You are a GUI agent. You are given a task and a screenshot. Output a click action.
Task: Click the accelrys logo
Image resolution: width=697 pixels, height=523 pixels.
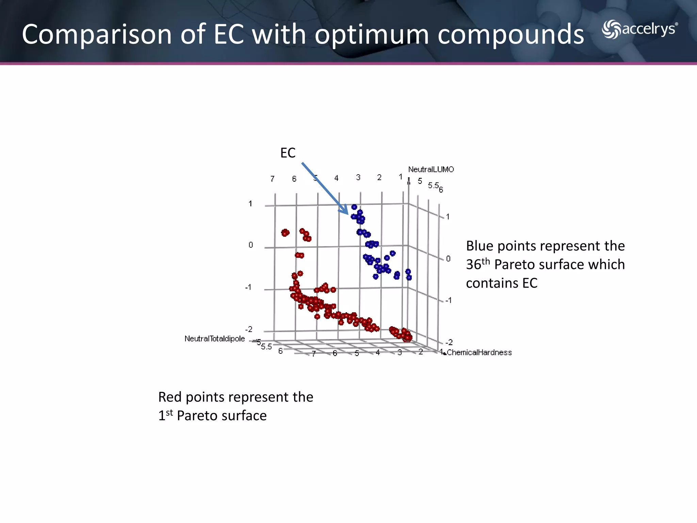(x=639, y=29)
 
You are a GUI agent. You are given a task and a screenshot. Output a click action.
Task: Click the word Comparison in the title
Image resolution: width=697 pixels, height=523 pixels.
(x=96, y=34)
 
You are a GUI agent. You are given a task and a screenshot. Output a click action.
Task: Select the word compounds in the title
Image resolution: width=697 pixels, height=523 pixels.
(x=510, y=34)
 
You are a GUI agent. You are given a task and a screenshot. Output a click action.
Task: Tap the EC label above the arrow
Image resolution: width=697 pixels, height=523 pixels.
(x=288, y=153)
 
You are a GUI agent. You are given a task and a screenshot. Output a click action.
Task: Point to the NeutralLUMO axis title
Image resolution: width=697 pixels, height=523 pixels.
(x=431, y=169)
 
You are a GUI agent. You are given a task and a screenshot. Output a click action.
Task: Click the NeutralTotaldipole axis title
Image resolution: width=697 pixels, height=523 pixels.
(x=214, y=338)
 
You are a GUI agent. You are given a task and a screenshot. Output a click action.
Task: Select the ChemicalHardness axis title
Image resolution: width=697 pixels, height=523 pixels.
(x=479, y=352)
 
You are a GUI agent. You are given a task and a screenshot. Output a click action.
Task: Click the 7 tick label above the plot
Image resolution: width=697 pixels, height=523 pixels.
(x=272, y=179)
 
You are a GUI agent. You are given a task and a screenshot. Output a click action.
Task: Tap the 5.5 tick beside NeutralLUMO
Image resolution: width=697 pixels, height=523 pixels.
(x=433, y=185)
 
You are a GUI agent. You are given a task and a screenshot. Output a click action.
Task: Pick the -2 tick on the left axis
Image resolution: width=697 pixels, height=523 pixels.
(x=249, y=329)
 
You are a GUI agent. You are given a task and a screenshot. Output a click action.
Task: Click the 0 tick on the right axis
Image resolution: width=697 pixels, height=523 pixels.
(x=448, y=259)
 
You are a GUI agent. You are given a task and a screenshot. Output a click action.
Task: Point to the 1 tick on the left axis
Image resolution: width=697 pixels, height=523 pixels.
(x=250, y=204)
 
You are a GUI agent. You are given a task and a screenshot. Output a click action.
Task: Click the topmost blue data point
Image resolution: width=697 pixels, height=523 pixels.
(x=354, y=207)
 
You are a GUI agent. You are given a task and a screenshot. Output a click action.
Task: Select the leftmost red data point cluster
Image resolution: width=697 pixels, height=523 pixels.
(x=285, y=233)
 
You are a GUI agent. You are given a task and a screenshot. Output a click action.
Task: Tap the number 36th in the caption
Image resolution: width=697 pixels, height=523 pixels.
(x=477, y=264)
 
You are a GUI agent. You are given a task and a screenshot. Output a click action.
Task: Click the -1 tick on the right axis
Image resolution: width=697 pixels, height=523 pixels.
(x=449, y=300)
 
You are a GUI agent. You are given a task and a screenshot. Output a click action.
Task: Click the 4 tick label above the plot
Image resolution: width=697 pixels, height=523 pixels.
(x=336, y=178)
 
